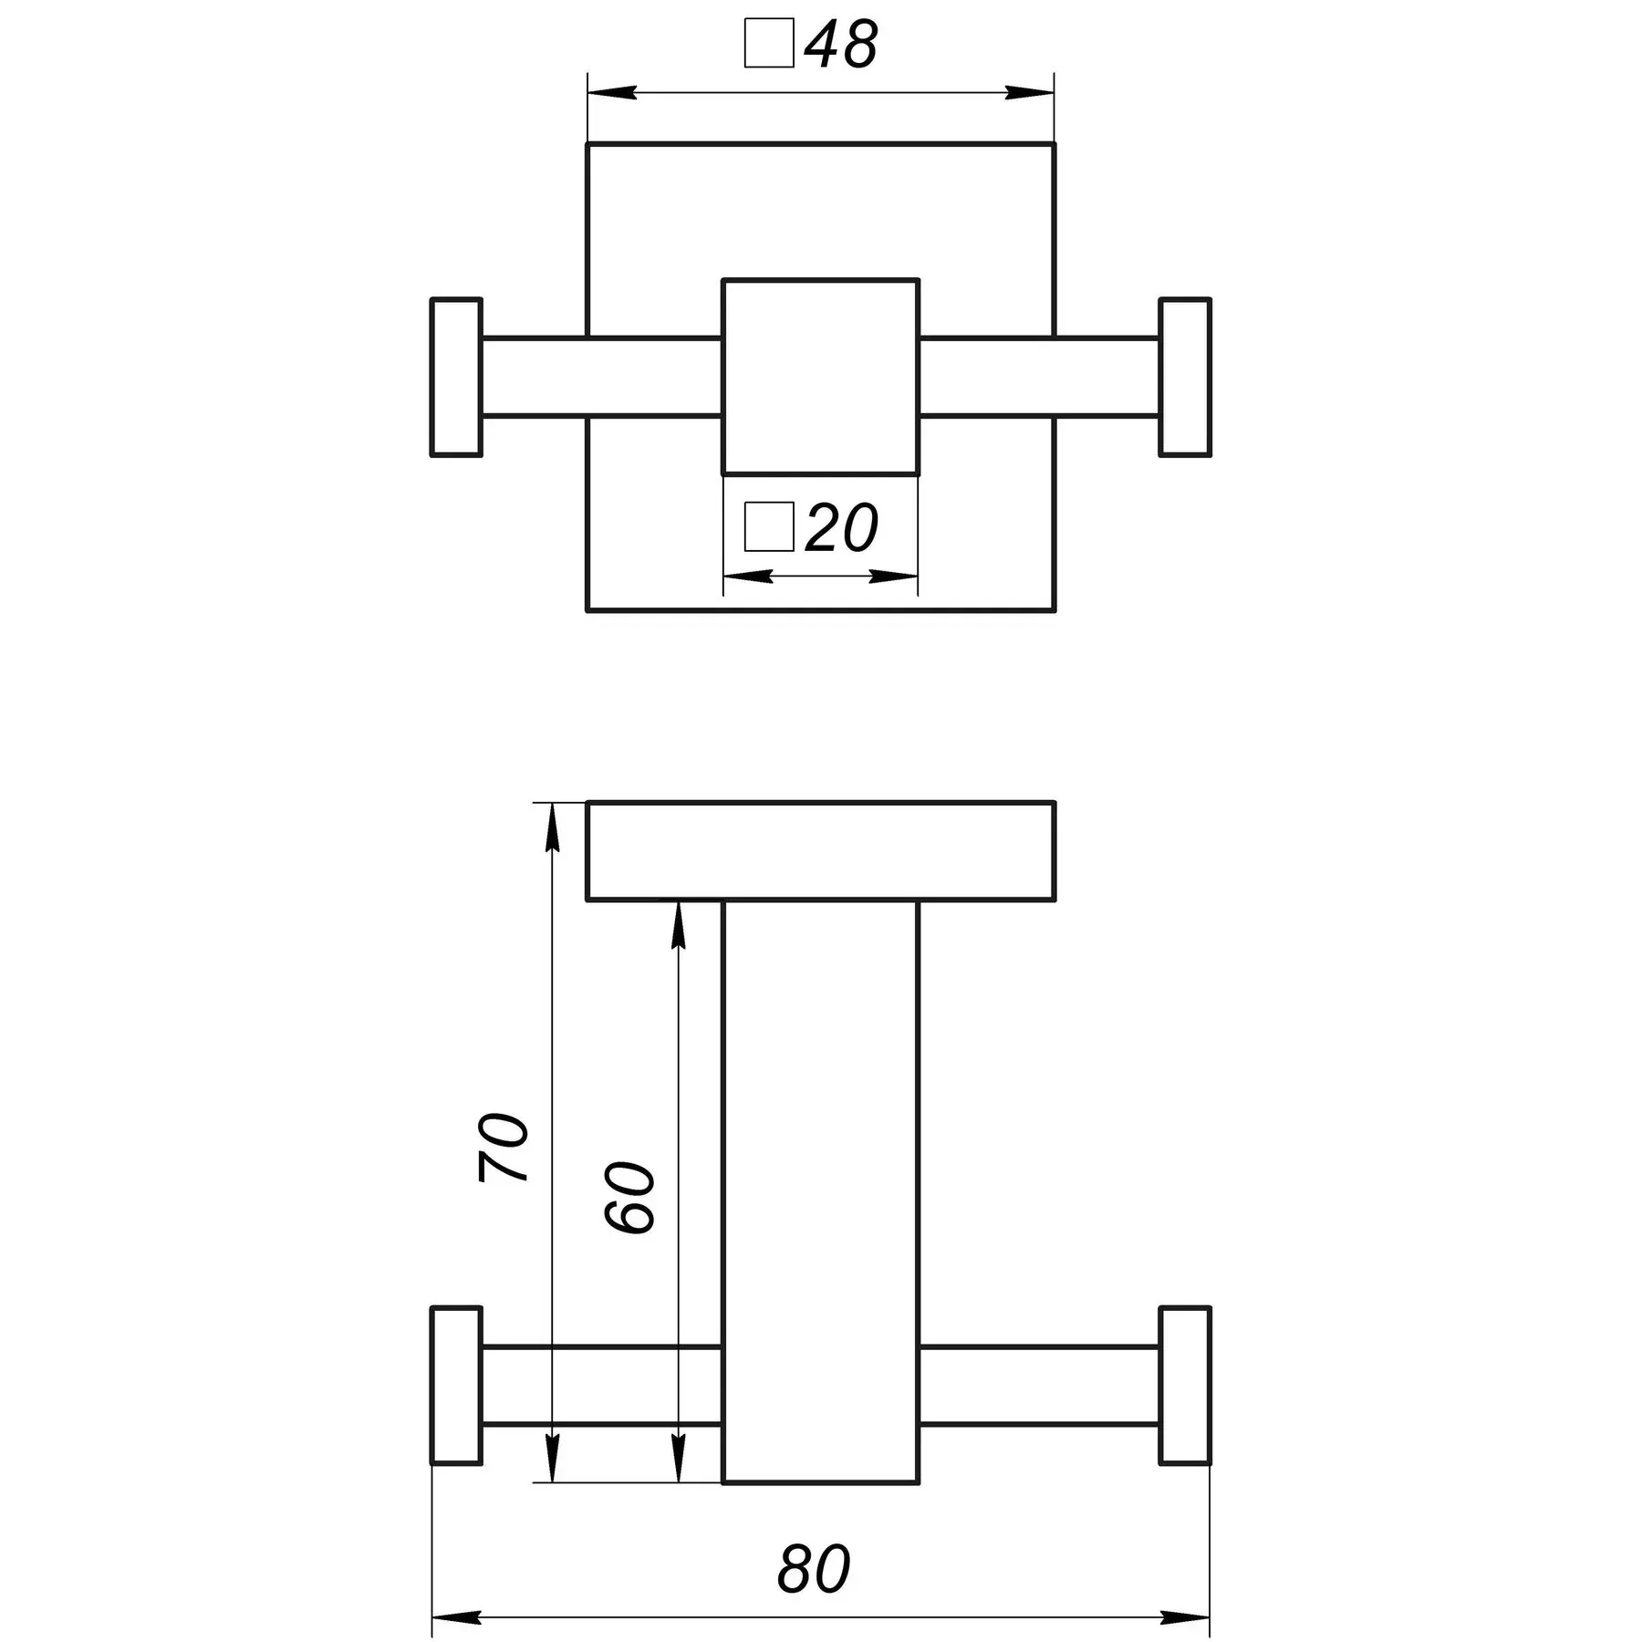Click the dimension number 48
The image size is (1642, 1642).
841,44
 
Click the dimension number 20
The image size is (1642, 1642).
842,527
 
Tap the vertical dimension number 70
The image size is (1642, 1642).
503,1148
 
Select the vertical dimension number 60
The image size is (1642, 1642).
629,1198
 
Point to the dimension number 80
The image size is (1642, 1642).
814,1568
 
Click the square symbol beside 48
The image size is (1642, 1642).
769,44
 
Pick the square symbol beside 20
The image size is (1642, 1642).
769,527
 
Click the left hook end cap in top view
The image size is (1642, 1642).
456,377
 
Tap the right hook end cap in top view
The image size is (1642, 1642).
1185,377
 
